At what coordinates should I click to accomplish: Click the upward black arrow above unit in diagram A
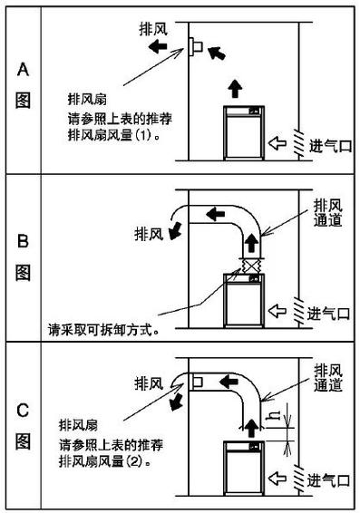tap(235, 89)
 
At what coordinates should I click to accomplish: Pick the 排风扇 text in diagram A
tap(90, 97)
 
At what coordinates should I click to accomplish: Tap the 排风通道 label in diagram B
tap(326, 214)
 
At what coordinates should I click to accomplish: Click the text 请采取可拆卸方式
tap(107, 330)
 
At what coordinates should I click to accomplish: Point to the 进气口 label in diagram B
tap(328, 314)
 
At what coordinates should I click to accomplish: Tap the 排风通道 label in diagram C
tap(326, 378)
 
